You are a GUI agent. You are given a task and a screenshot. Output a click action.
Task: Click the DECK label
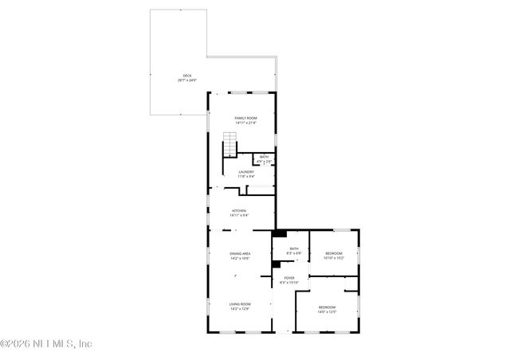(x=186, y=76)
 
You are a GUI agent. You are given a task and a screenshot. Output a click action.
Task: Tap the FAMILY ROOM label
(x=245, y=118)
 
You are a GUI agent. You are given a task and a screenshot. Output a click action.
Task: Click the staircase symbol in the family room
(x=229, y=147)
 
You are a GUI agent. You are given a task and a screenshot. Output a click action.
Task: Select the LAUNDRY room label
(x=245, y=171)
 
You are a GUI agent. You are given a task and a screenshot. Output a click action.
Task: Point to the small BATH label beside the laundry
(x=264, y=157)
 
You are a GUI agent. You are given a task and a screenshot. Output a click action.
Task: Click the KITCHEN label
(x=239, y=210)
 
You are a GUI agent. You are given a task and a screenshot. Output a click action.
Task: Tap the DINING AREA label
(x=240, y=254)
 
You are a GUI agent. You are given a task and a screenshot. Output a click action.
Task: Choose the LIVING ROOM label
(x=240, y=303)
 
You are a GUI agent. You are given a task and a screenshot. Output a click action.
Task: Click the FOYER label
(x=288, y=278)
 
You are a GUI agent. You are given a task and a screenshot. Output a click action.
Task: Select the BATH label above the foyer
(x=294, y=248)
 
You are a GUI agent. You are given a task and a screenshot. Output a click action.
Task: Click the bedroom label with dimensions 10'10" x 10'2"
(x=333, y=253)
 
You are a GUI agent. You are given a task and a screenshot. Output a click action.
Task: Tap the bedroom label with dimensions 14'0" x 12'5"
(x=328, y=307)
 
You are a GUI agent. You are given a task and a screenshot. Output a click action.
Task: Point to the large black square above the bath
(x=278, y=234)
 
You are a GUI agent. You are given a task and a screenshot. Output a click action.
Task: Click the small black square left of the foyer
(x=276, y=265)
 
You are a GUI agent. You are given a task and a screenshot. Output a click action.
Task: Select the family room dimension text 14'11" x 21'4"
(x=245, y=123)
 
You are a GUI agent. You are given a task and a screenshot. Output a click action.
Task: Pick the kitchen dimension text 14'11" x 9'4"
(x=239, y=215)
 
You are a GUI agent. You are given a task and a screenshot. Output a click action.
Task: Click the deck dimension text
(x=186, y=80)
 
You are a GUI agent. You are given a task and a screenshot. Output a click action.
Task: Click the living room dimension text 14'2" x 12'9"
(x=240, y=308)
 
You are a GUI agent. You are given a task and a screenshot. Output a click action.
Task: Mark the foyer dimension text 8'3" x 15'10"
(x=288, y=283)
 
